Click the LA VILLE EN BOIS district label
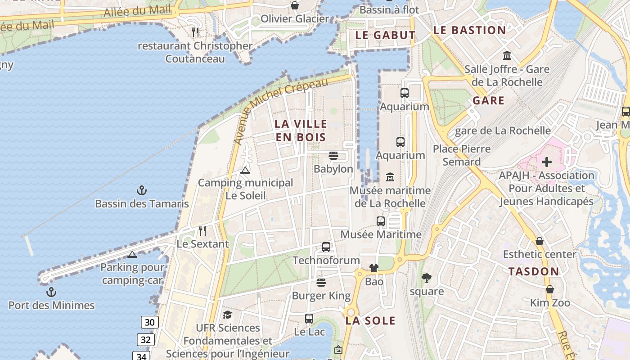[x=301, y=130]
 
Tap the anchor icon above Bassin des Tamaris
[x=142, y=190]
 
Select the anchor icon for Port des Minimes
[x=51, y=292]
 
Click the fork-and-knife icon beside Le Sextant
[x=202, y=231]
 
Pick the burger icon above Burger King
[x=321, y=283]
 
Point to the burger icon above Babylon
[x=333, y=156]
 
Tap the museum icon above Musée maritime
[x=390, y=177]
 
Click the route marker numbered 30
[x=150, y=322]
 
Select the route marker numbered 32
[x=145, y=339]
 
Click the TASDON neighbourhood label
[x=534, y=272]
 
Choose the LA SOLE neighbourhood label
[x=370, y=321]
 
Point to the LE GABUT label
[x=385, y=35]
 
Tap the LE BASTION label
[x=469, y=31]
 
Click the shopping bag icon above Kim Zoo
[x=549, y=289]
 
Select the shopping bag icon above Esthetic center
[x=540, y=241]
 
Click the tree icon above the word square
[x=426, y=278]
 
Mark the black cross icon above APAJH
[x=547, y=162]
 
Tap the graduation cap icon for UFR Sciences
[x=227, y=315]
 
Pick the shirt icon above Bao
[x=374, y=268]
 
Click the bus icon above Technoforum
[x=326, y=247]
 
